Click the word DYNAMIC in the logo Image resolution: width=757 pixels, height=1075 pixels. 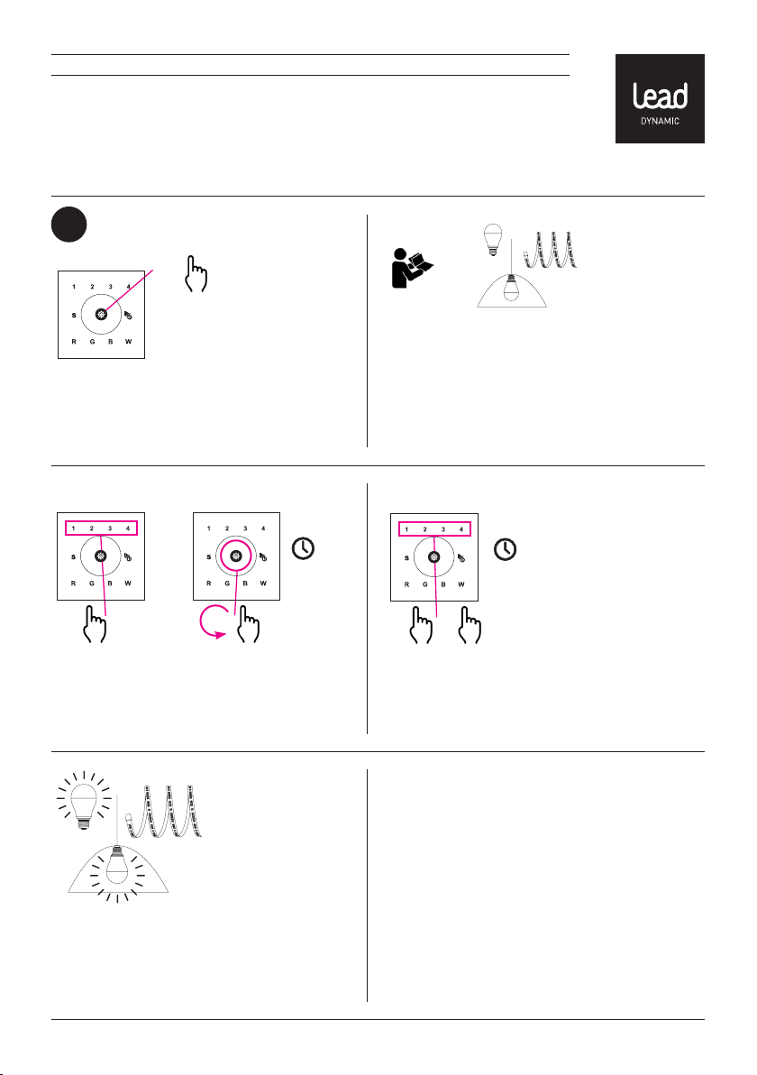660,122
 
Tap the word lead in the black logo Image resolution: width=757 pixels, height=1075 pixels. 660,96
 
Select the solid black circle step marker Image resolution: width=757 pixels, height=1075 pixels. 68,225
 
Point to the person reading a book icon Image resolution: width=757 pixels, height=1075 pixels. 412,268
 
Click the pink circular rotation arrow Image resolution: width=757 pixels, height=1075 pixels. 213,623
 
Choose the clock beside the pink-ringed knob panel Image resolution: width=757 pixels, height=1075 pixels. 304,548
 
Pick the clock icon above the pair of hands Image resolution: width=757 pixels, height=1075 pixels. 506,549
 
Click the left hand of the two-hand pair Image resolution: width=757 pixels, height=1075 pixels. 422,625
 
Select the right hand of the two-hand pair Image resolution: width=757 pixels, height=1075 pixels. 470,625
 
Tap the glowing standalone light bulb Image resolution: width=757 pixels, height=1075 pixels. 84,800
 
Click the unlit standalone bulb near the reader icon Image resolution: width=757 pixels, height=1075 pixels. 493,240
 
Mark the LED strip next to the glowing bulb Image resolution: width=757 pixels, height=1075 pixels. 164,812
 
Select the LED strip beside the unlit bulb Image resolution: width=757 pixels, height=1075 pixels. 550,250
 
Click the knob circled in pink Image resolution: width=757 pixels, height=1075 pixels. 236,556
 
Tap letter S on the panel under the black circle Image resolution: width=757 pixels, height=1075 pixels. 74,316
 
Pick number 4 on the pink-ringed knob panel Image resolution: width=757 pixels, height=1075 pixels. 263,528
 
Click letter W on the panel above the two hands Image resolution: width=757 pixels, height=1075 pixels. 461,584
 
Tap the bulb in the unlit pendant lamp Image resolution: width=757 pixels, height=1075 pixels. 511,288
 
